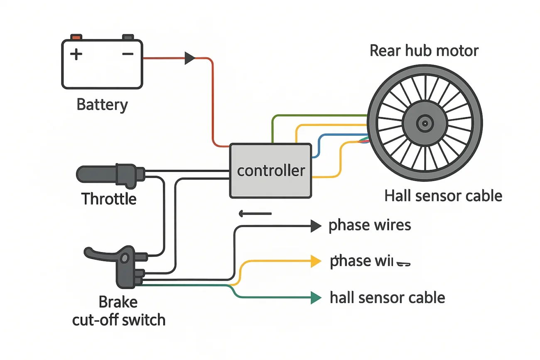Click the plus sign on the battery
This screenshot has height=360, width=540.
click(76, 54)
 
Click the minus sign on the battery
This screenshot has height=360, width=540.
click(128, 54)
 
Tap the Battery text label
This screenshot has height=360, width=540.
click(102, 104)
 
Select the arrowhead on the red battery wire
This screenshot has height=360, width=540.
click(190, 58)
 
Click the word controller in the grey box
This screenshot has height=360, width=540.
click(270, 171)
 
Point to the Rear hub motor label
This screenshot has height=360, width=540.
click(424, 51)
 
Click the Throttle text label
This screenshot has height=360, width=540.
click(109, 199)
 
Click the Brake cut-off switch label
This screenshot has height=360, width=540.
click(119, 311)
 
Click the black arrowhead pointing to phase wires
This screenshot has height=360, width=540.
click(316, 226)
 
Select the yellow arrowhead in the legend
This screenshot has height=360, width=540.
click(316, 261)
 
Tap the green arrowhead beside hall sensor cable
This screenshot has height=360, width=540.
click(316, 297)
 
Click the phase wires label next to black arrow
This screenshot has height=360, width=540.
click(369, 225)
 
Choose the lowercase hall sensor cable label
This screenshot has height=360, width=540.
click(387, 298)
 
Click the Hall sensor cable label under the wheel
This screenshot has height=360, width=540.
click(443, 196)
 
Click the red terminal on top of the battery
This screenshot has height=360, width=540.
click(76, 37)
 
